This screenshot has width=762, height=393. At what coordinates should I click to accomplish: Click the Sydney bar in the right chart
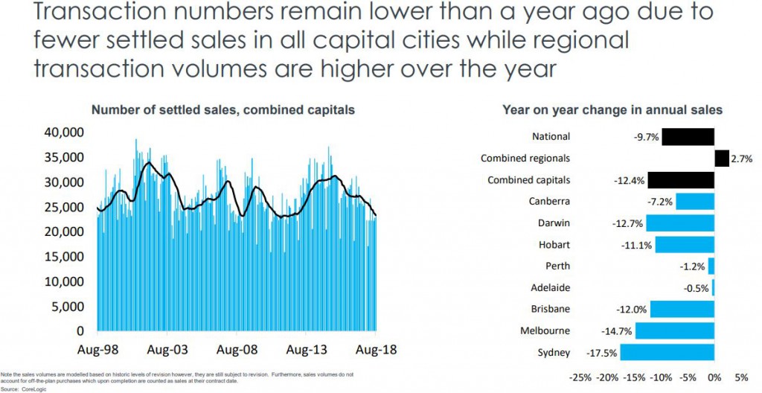(x=667, y=352)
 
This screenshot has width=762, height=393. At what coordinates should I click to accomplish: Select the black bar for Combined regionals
(x=721, y=158)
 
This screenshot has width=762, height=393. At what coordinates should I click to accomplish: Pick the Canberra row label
(x=550, y=202)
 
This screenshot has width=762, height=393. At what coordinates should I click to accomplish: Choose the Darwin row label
(x=554, y=223)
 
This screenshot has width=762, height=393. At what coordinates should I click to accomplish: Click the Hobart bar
(x=685, y=245)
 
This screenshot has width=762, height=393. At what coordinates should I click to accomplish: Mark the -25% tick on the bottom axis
(x=580, y=377)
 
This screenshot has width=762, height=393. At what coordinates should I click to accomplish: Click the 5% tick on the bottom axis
(x=740, y=377)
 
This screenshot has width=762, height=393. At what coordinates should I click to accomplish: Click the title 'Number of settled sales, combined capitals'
(x=222, y=110)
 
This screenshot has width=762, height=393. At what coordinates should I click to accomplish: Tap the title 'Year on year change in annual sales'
(x=612, y=110)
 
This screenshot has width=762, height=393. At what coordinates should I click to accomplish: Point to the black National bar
(x=688, y=136)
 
